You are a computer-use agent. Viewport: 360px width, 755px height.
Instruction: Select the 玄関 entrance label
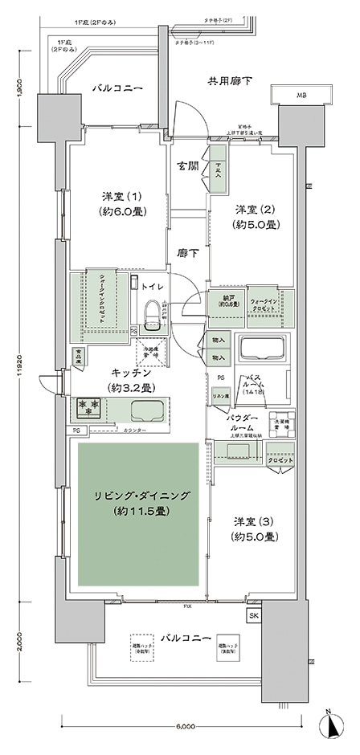[189, 166]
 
